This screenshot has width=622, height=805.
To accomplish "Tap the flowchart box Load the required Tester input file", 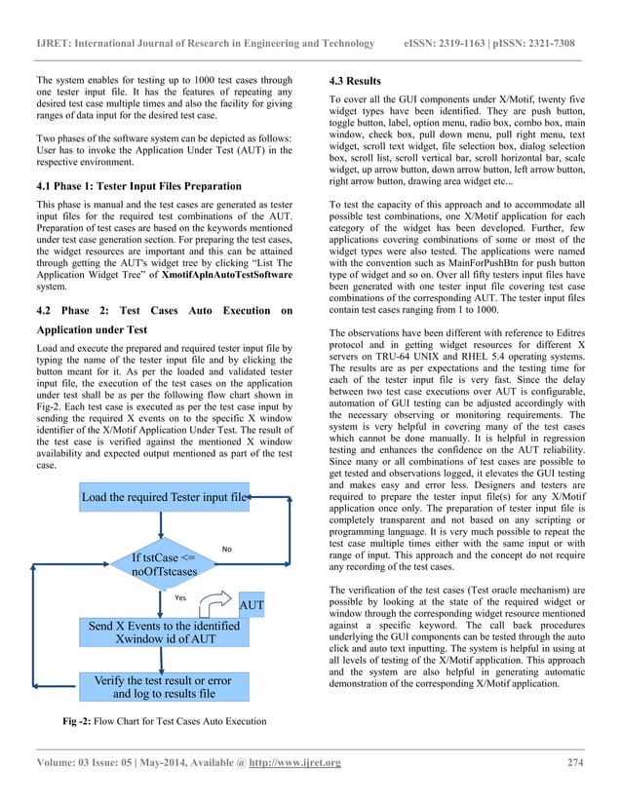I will tap(164, 497).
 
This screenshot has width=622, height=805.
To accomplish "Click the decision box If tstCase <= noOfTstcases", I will tap(164, 563).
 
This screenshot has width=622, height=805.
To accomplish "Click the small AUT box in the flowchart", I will tap(253, 605).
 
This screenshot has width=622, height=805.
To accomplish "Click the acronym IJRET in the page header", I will tap(54, 44).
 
